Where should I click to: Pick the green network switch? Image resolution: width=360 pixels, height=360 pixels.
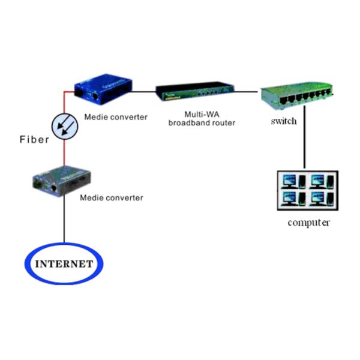pyautogui.click(x=296, y=96)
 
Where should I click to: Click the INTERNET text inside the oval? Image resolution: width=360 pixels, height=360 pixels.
pyautogui.click(x=64, y=264)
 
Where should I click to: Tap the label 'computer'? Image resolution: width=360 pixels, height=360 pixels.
pyautogui.click(x=308, y=223)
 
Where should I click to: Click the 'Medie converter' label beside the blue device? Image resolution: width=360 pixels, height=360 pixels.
pyautogui.click(x=116, y=117)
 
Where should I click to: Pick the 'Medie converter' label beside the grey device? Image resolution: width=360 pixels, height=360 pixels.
pyautogui.click(x=112, y=197)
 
